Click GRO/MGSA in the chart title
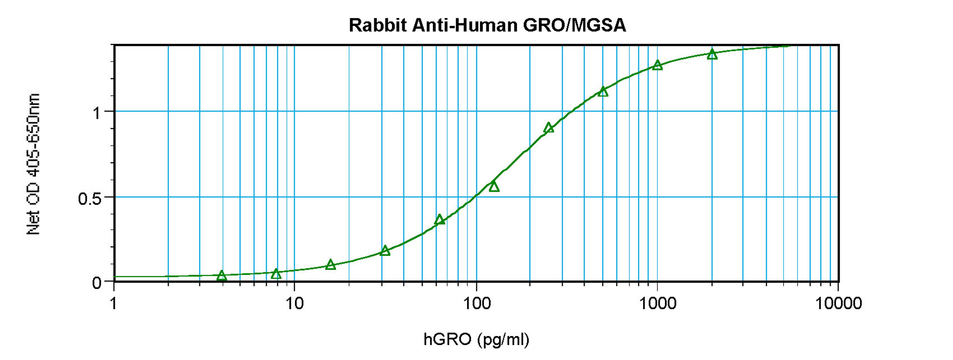(574, 26)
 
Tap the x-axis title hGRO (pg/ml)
(476, 339)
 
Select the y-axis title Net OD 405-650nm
(33, 164)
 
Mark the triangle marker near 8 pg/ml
(276, 274)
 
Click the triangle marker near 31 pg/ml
(385, 251)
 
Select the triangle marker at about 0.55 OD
(494, 186)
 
